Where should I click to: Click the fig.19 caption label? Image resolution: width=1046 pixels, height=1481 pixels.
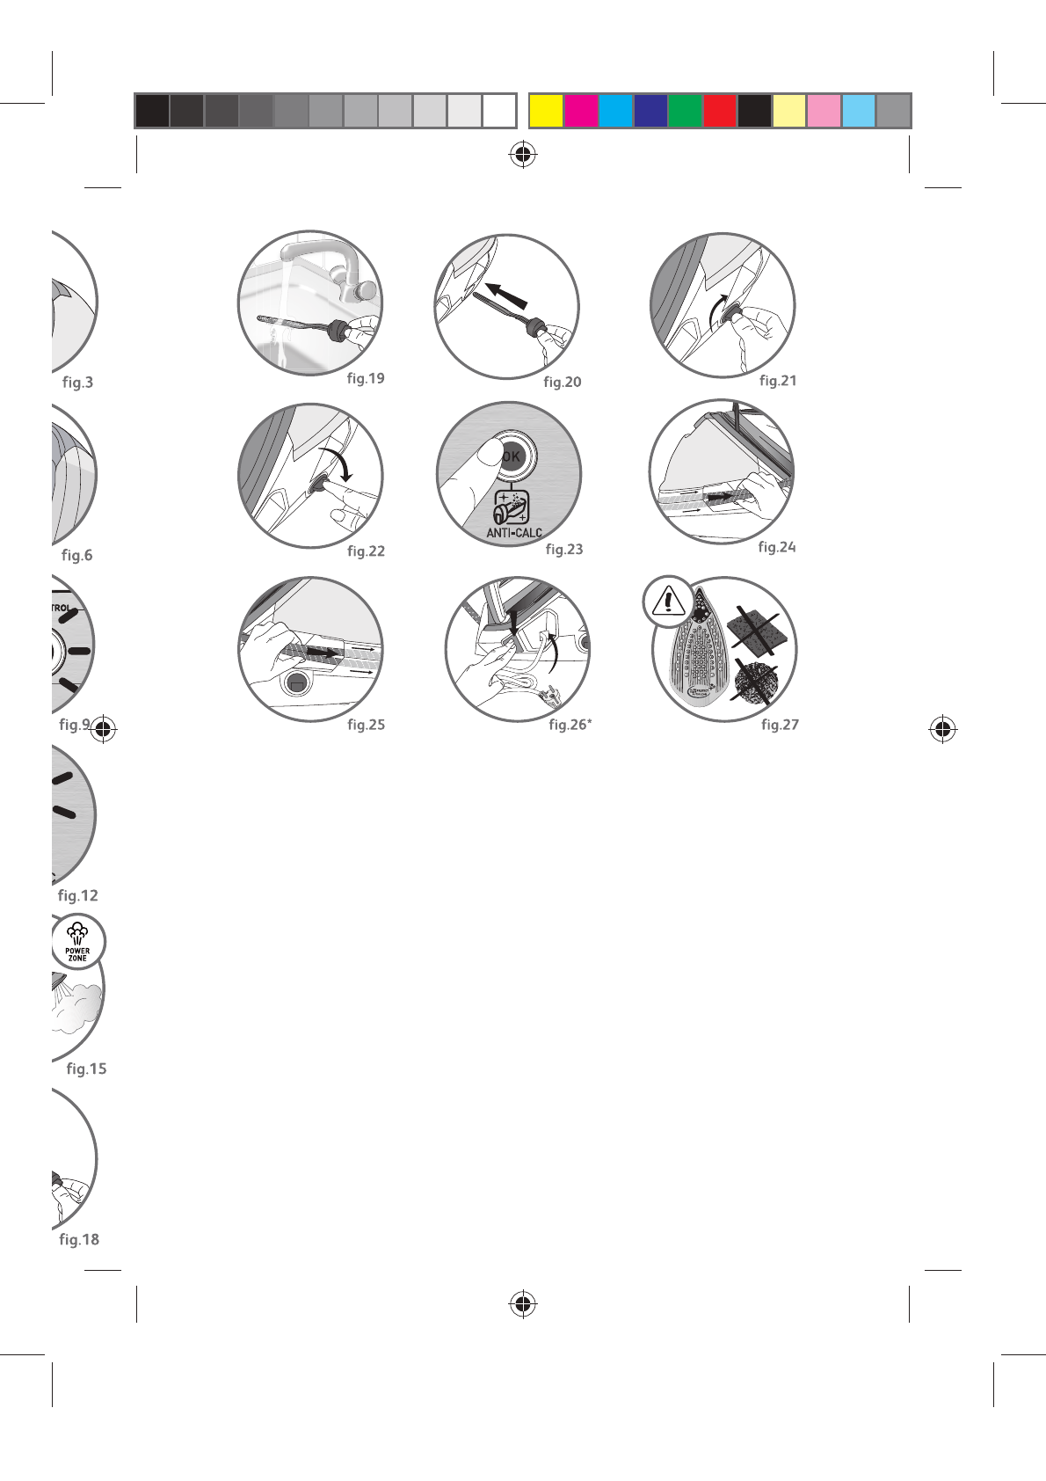[366, 378]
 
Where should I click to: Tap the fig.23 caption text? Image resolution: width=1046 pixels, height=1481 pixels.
[563, 549]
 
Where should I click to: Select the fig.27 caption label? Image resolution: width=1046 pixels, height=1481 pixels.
[780, 725]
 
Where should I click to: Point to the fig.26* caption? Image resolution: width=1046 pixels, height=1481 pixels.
[570, 725]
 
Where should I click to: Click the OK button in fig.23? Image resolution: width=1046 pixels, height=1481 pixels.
[512, 456]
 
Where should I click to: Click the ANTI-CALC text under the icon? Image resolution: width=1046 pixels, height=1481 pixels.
[514, 533]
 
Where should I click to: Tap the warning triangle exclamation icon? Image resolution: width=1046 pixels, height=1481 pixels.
[669, 602]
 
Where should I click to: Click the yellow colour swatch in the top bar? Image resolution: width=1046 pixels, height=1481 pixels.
[546, 112]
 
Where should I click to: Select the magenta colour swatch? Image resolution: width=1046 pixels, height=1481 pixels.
[581, 112]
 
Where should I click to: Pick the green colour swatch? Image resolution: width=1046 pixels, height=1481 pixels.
[685, 112]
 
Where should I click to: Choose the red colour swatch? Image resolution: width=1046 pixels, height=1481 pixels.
[720, 112]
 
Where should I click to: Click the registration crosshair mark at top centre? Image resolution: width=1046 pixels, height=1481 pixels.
[523, 155]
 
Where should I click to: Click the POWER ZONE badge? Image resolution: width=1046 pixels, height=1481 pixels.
[77, 943]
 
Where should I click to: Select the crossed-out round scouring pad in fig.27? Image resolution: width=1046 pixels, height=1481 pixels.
[755, 682]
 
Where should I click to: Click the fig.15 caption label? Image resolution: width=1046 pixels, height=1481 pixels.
[86, 1069]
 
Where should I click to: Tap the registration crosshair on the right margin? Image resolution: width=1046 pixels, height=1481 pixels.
[943, 729]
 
